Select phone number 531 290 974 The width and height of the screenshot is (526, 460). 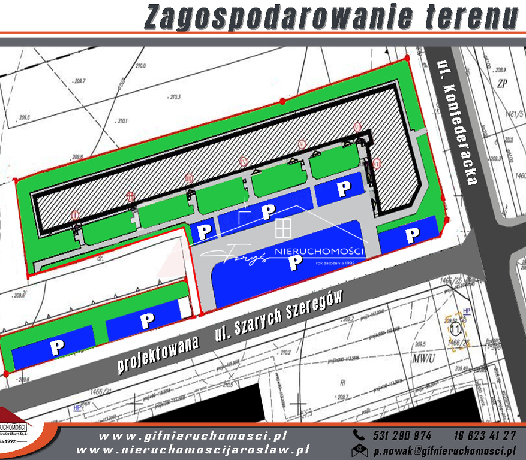tap(401, 435)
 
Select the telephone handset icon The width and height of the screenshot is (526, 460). tap(359, 435)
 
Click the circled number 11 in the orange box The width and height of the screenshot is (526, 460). tap(454, 328)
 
